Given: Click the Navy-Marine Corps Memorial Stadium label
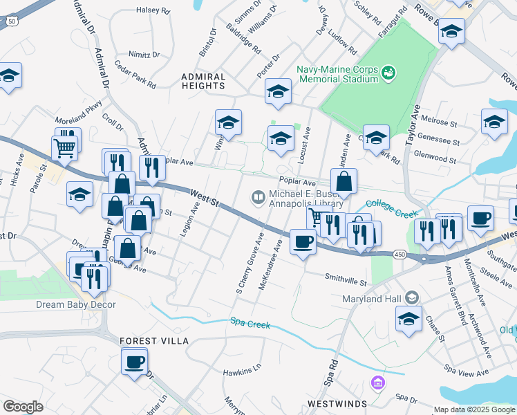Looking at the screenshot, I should coord(337,74).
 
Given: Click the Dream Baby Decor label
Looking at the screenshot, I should coord(75,304).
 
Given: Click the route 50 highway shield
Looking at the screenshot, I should coord(12,21).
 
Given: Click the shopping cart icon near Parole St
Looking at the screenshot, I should coord(64,146).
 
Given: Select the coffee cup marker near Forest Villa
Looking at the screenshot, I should coord(135,360).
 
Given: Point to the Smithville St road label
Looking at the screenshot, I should coord(346,282).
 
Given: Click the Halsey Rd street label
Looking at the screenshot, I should coord(153,11).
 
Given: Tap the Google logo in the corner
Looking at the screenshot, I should coord(23,407).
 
